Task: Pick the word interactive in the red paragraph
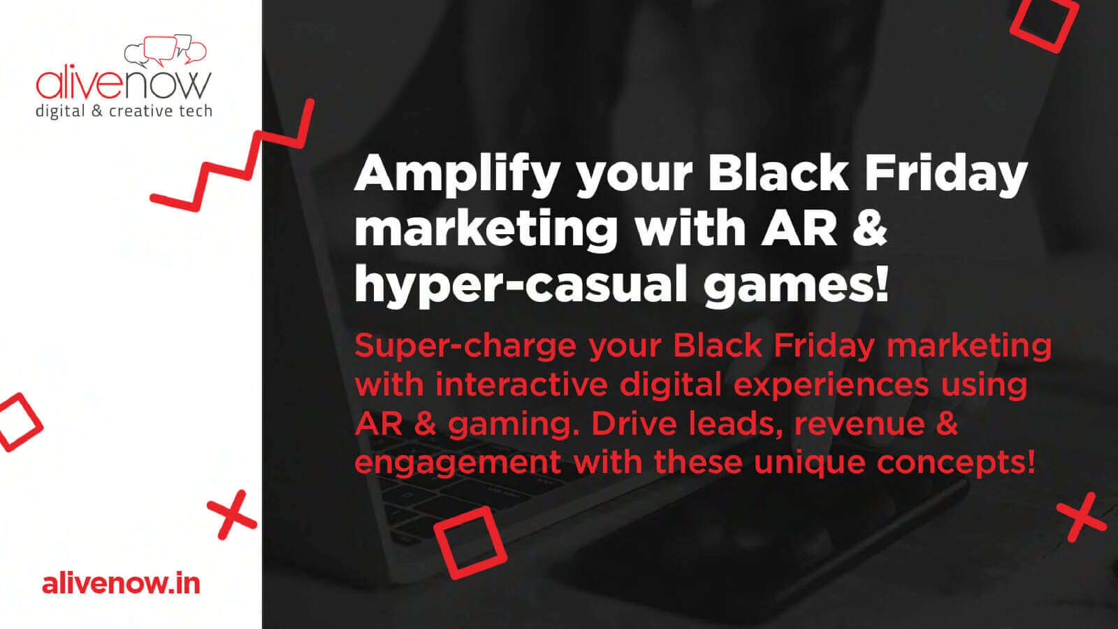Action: point(521,384)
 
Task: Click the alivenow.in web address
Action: point(122,584)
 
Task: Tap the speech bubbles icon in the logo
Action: point(165,50)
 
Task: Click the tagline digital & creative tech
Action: point(124,111)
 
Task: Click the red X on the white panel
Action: point(232,514)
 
